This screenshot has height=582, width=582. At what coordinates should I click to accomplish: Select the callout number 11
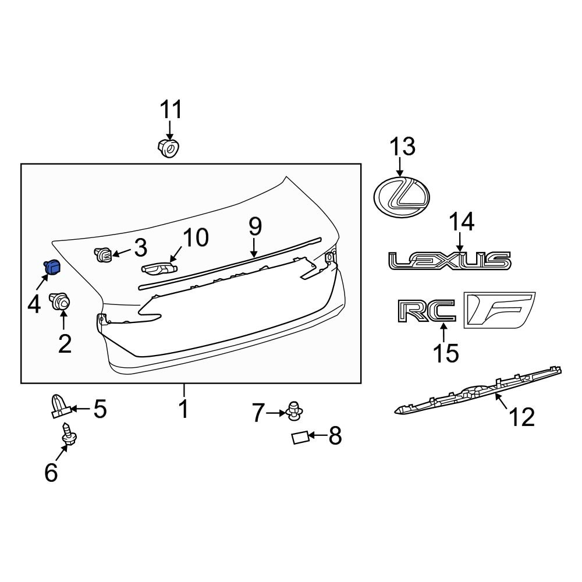pyautogui.click(x=171, y=109)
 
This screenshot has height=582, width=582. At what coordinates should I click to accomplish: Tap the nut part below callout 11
pyautogui.click(x=169, y=148)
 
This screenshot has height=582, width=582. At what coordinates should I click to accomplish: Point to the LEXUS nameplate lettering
pyautogui.click(x=450, y=261)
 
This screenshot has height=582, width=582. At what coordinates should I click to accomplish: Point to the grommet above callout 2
pyautogui.click(x=60, y=301)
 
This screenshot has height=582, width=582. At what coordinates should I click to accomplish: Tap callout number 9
pyautogui.click(x=255, y=226)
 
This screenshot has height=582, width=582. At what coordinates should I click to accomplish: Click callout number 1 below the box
pyautogui.click(x=184, y=409)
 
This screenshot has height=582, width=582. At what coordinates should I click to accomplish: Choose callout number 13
pyautogui.click(x=402, y=146)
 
